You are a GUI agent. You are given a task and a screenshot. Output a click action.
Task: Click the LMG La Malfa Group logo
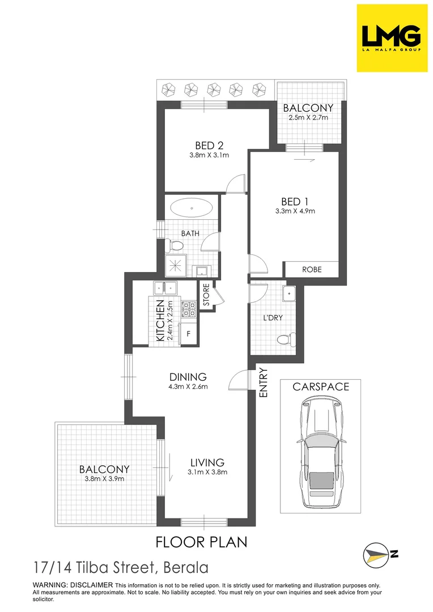pyautogui.click(x=392, y=38)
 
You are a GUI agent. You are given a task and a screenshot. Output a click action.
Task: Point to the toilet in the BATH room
pyautogui.click(x=175, y=245)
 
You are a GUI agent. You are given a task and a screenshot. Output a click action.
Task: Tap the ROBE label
pyautogui.click(x=311, y=270)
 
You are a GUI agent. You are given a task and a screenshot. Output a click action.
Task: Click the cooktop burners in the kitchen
pyautogui.click(x=188, y=309)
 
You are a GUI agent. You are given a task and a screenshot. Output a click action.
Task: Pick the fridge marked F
pyautogui.click(x=188, y=334)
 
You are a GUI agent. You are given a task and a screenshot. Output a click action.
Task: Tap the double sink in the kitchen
pyautogui.click(x=165, y=289)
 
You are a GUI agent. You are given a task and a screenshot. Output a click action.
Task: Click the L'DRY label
pyautogui.click(x=273, y=318)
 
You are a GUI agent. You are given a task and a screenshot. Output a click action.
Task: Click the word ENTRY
pyautogui.click(x=263, y=382)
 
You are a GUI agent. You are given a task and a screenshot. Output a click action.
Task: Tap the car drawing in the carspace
pyautogui.click(x=321, y=452)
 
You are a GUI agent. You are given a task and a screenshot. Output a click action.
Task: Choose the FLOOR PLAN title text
pyautogui.click(x=202, y=542)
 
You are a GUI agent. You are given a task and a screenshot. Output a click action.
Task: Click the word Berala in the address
pyautogui.click(x=185, y=567)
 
